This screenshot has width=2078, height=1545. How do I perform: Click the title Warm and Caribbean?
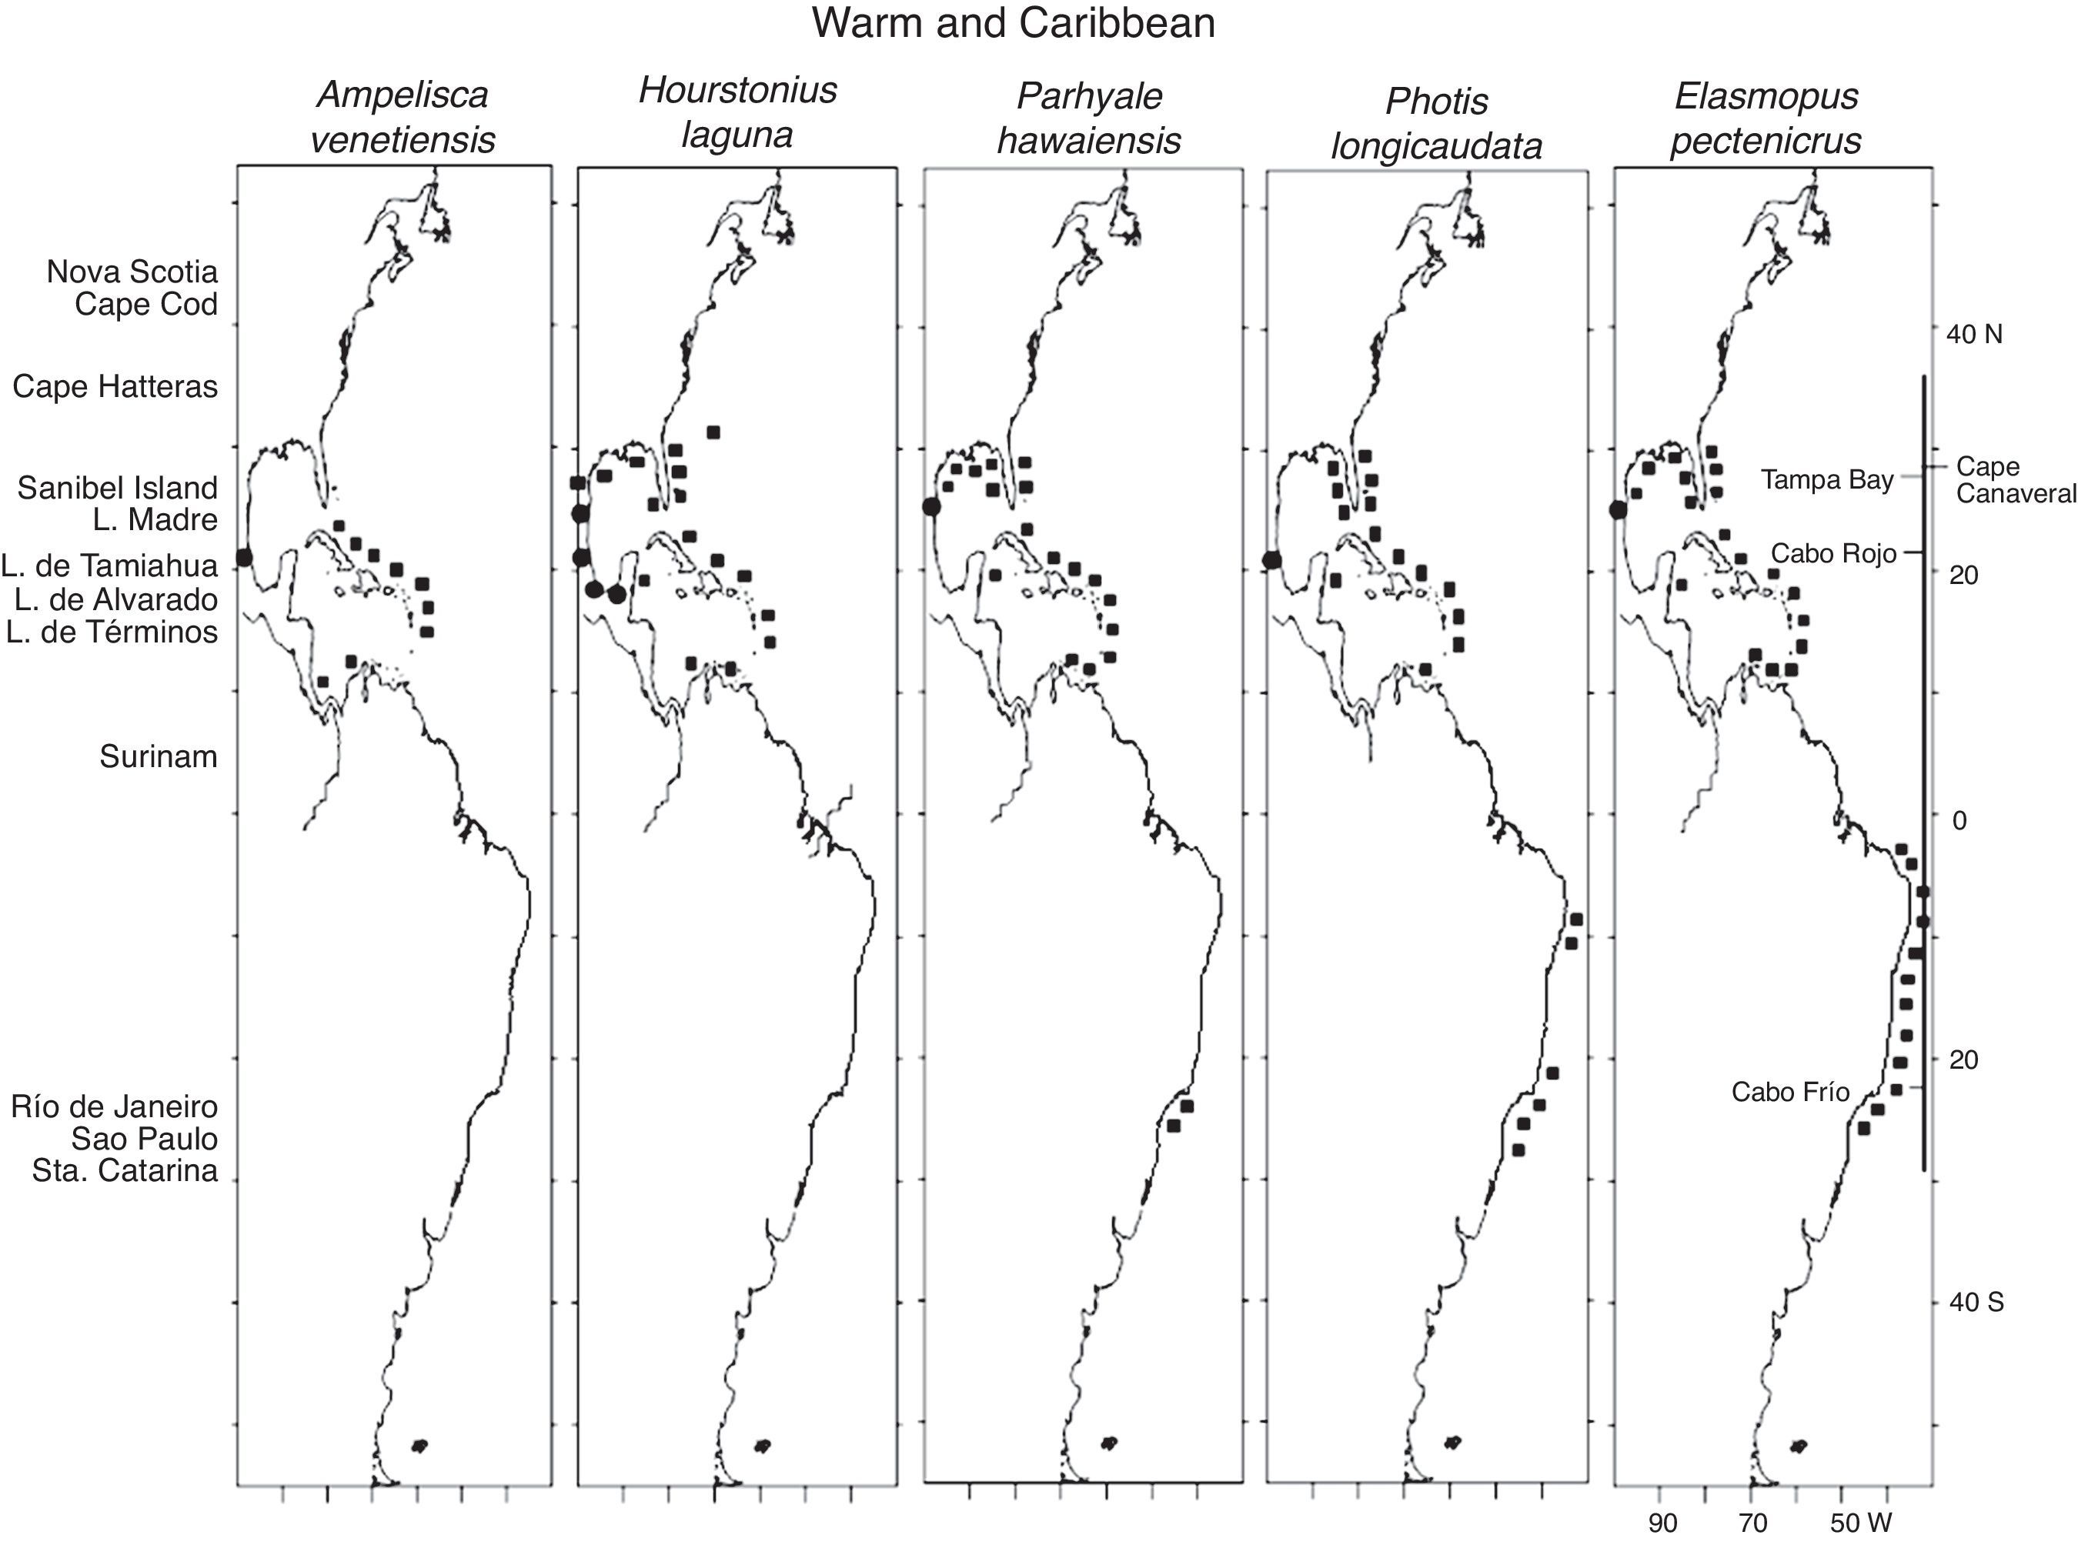pos(1014,23)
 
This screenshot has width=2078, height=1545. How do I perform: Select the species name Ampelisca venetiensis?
pos(403,118)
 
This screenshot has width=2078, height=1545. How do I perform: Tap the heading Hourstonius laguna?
pos(737,113)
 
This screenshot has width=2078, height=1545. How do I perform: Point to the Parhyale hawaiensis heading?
pos(1089,118)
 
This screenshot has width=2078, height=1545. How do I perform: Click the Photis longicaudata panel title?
pos(1436,123)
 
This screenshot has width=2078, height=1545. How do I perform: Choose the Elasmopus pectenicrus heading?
pos(1766,118)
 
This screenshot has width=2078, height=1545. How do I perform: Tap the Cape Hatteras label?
pos(115,386)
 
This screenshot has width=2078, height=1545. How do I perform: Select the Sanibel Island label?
pos(117,487)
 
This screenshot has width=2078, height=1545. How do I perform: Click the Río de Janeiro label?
pos(114,1106)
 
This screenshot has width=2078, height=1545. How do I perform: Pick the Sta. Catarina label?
pos(125,1170)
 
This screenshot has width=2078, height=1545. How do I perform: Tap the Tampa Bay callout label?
pos(1826,480)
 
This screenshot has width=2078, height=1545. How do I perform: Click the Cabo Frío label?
pos(1790,1091)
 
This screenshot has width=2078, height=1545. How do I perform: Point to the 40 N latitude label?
pos(1975,335)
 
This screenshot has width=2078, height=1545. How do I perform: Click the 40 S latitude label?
pos(1976,1302)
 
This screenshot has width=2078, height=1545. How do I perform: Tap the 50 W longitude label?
pos(1861,1523)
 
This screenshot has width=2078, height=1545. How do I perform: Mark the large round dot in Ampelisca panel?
pos(244,556)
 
